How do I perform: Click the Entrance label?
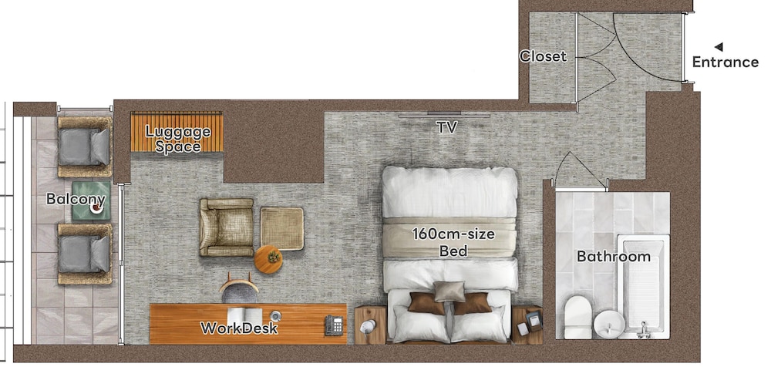pos(725,62)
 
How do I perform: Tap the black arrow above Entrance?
pos(718,46)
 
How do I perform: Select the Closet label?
pos(543,56)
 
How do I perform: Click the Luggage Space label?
pos(178,139)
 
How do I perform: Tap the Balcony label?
pos(76,200)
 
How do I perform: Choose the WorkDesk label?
pos(239,328)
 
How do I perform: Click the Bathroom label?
pos(614,256)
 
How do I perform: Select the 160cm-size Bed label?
pos(453,241)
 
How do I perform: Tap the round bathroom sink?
pos(609,323)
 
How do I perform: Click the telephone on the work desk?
pos(334,325)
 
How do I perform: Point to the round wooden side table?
pos(268,260)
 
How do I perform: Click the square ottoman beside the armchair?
pos(281,228)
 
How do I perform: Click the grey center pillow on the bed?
pos(449,291)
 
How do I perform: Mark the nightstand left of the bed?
pos(369,325)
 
